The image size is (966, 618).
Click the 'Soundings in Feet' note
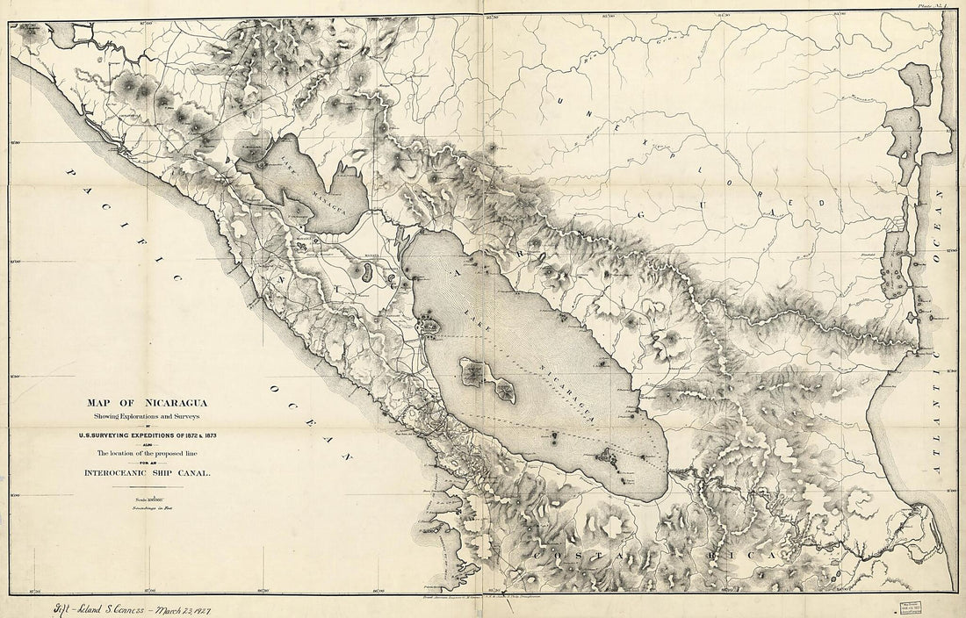click(x=125, y=508)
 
